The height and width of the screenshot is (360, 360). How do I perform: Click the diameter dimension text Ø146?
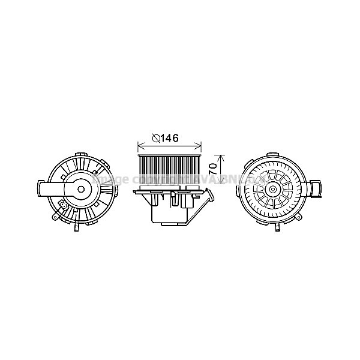[166, 139]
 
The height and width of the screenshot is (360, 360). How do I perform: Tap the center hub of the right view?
[274, 189]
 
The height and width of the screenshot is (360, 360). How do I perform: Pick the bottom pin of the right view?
[278, 229]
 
